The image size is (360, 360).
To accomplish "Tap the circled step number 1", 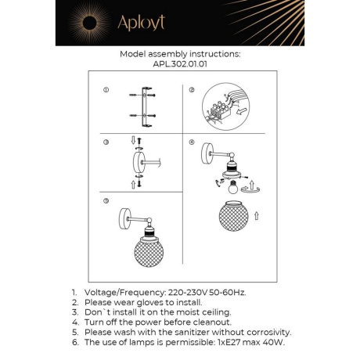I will [x=106, y=90].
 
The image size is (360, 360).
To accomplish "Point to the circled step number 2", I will [x=190, y=90].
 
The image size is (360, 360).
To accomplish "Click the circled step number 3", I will [x=106, y=143].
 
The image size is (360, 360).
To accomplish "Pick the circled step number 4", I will [x=190, y=143].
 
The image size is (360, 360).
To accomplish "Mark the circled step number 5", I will [x=106, y=201].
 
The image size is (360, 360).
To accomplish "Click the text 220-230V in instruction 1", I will [x=190, y=291].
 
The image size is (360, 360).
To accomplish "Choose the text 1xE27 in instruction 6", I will [x=229, y=342].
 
